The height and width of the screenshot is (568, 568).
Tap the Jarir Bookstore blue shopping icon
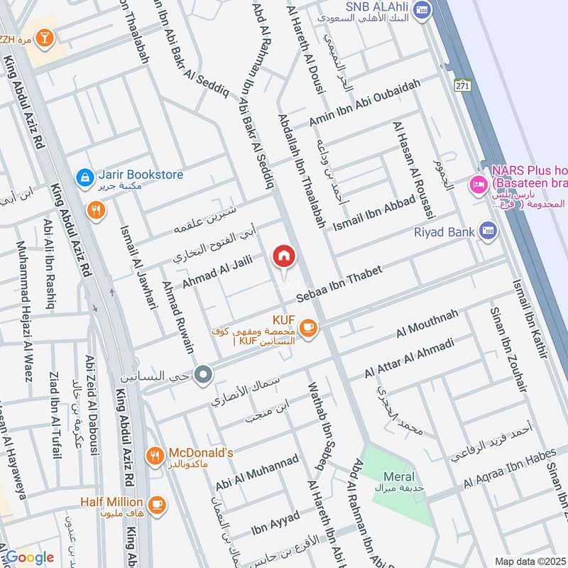click(x=84, y=175)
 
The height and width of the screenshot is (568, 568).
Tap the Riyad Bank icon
click(x=487, y=231)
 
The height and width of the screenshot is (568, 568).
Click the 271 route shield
click(x=463, y=85)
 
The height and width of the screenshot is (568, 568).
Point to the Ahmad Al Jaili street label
click(x=217, y=273)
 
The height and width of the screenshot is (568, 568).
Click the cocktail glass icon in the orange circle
click(x=45, y=38)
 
